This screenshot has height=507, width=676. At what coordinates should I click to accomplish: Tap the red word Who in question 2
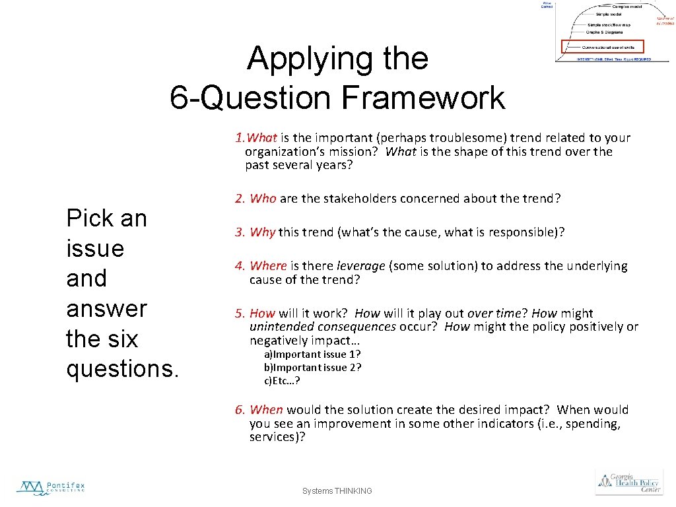tap(263, 198)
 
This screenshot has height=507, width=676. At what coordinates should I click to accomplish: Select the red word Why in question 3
tap(262, 232)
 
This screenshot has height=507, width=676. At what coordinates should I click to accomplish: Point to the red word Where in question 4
tap(268, 265)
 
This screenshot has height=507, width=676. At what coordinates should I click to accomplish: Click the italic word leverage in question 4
tap(360, 265)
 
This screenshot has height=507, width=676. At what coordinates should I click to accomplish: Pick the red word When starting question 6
tap(266, 410)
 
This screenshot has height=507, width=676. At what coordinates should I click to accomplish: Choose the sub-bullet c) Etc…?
tap(282, 380)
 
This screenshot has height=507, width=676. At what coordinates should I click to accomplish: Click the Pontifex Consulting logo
tap(51, 487)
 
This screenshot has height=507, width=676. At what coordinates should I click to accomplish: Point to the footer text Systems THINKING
tap(337, 491)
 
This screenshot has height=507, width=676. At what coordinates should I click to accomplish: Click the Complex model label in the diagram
tap(626, 6)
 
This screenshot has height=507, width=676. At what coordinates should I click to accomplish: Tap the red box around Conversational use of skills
tap(602, 47)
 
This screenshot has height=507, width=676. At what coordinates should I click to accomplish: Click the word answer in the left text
tap(106, 308)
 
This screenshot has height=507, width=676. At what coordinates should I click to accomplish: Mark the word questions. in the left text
tap(122, 368)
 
